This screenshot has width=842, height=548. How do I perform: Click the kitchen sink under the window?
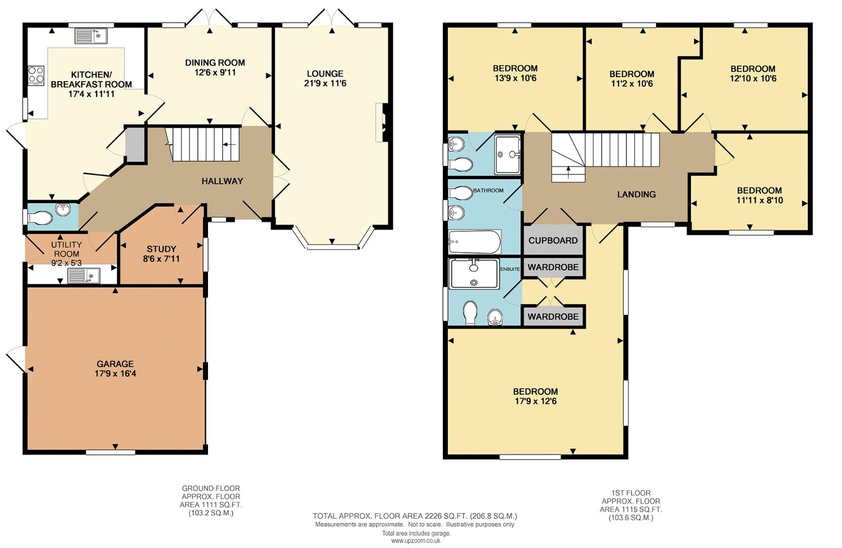tap(91, 36)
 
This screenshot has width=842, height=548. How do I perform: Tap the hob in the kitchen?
tap(36, 76)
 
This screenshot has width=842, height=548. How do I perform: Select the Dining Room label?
tap(215, 62)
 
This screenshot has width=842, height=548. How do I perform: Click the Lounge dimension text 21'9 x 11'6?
tap(325, 83)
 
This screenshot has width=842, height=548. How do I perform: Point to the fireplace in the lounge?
tap(381, 122)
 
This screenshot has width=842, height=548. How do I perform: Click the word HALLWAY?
tap(222, 181)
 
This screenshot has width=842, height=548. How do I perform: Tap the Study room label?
tap(161, 249)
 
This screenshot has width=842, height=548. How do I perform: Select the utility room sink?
tap(84, 276)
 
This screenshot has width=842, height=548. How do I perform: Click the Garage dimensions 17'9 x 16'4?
tap(115, 373)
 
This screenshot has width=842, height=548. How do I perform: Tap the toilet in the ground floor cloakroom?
tap(41, 218)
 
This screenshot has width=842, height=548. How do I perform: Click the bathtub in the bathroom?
tap(475, 242)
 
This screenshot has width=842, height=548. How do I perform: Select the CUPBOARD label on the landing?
tap(553, 241)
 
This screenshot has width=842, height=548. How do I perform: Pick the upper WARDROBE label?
tap(553, 267)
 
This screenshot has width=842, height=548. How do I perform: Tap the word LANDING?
tap(636, 194)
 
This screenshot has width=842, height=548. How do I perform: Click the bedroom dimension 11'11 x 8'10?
tap(759, 200)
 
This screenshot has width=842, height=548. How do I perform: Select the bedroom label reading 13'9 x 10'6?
tap(515, 78)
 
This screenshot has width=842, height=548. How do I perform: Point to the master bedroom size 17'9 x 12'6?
tap(535, 401)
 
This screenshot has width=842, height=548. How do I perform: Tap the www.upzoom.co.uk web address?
tap(415, 541)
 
